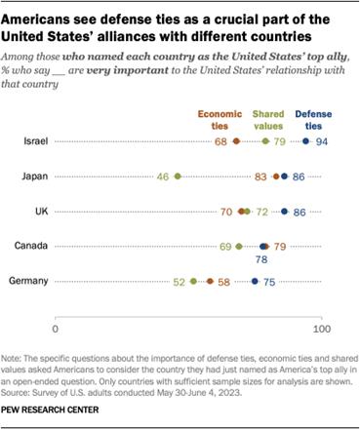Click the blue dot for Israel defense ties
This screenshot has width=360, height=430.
tap(306, 141)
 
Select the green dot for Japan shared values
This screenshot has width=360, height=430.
tap(178, 176)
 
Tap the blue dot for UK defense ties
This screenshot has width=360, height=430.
tap(285, 211)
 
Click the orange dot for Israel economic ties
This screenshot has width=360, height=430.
tap(237, 141)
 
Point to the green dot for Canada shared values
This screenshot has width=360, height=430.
tap(239, 247)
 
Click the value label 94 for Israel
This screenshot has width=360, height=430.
tap(321, 141)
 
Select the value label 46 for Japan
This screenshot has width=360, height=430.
tap(163, 176)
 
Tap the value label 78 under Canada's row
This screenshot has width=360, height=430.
tap(261, 260)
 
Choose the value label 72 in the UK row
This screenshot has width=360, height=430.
tap(261, 211)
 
